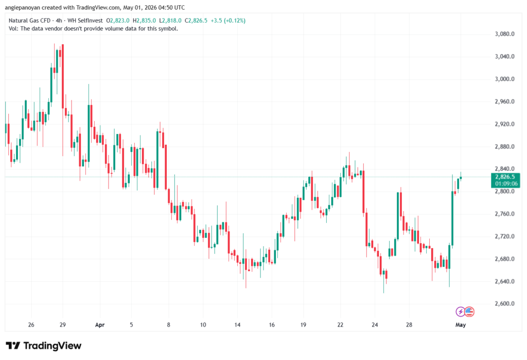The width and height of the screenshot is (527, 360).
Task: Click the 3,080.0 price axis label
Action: [504, 34]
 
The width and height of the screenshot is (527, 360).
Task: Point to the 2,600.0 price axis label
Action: [504, 304]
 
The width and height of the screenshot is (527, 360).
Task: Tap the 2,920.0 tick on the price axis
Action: [504, 124]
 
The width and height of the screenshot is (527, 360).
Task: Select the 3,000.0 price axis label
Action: [504, 79]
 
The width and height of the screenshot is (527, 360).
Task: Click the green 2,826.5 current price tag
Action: [505, 180]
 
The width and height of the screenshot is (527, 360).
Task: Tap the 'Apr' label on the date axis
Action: [100, 325]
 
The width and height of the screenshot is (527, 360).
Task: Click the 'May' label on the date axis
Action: [461, 325]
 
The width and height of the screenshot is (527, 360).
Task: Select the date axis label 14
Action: [237, 325]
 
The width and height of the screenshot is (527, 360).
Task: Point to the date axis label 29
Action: [62, 325]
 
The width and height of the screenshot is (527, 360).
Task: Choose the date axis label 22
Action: [340, 325]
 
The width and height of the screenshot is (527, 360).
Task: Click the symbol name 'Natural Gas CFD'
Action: [29, 21]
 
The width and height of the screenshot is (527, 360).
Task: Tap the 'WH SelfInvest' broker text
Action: [85, 21]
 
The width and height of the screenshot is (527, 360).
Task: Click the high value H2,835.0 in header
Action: [144, 21]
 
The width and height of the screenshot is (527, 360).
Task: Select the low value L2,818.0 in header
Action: [170, 21]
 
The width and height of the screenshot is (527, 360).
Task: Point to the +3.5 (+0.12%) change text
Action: [228, 21]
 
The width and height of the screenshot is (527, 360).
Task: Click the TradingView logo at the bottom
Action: [44, 346]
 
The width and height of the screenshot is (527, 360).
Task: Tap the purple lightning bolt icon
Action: [460, 312]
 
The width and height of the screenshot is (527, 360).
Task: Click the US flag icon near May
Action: [469, 312]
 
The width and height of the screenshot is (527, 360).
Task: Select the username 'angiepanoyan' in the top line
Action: [22, 8]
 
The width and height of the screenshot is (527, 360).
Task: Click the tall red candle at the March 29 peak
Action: [62, 76]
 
